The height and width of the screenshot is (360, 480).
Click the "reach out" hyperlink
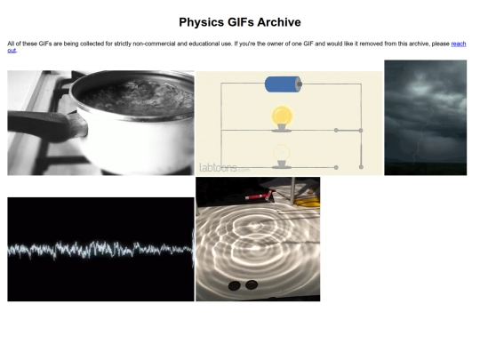click(459, 44)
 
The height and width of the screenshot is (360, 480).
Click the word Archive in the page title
click(278, 22)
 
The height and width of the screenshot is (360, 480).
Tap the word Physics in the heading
click(202, 22)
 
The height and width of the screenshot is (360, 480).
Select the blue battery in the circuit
click(284, 84)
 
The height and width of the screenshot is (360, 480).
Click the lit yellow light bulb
click(282, 117)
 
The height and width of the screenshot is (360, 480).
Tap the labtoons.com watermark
click(224, 168)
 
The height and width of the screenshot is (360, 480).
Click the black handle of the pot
click(46, 126)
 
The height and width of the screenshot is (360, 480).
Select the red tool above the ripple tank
click(260, 196)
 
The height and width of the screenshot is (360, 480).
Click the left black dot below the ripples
click(235, 285)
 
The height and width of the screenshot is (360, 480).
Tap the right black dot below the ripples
click(252, 284)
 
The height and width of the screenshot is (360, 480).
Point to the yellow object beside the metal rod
click(308, 202)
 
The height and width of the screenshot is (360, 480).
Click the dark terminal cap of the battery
click(300, 84)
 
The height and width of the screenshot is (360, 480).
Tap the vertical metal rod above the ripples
click(292, 190)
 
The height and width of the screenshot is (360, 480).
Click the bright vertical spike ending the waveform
click(193, 248)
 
